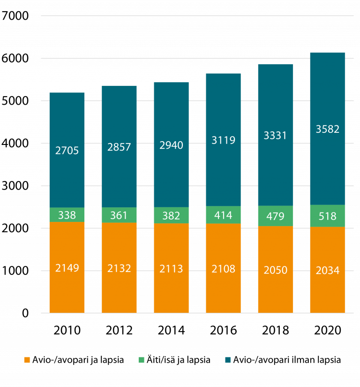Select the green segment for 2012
click(120, 215)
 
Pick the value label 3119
click(223, 139)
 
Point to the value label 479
click(275, 216)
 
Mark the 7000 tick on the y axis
click(15, 16)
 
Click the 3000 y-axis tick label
click(15, 186)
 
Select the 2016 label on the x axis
click(223, 330)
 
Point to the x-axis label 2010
click(67, 330)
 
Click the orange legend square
click(27, 360)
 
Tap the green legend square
click(142, 360)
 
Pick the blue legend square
click(228, 360)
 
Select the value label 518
click(328, 216)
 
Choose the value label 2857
click(120, 147)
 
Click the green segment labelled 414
click(223, 215)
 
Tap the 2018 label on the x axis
click(275, 330)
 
